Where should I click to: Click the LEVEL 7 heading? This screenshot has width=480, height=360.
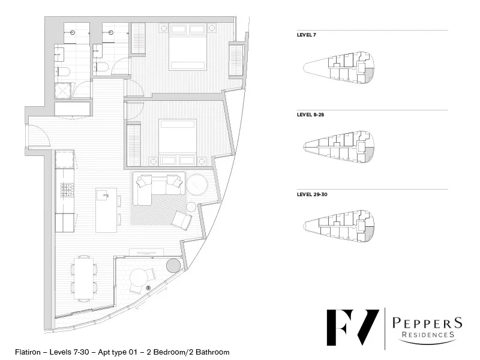(x=307, y=35)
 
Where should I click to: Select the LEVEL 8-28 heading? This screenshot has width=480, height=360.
(x=310, y=115)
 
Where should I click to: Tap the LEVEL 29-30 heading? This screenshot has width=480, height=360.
(x=312, y=194)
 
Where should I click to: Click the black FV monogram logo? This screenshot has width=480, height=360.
(x=352, y=329)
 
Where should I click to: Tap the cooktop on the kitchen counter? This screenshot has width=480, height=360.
(x=64, y=190)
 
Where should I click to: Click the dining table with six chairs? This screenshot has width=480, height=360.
(x=83, y=278)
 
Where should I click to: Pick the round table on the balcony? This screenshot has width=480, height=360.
(x=139, y=278)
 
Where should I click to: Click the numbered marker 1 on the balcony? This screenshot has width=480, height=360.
(x=148, y=289)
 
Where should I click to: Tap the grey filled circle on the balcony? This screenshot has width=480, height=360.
(x=173, y=266)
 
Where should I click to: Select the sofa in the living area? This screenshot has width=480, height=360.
(x=157, y=185)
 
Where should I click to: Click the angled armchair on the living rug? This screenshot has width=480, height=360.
(x=182, y=220)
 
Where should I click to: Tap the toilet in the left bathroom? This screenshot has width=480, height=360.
(x=64, y=72)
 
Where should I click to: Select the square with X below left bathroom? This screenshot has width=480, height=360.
(x=63, y=91)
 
